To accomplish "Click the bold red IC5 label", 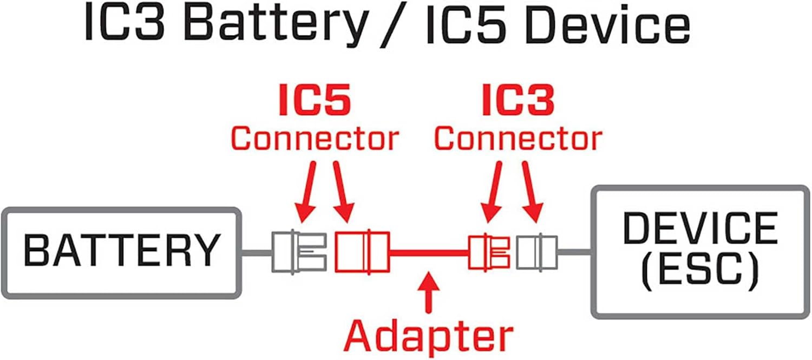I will [315, 101].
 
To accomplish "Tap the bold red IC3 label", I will [518, 101].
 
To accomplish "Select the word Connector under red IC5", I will [315, 138].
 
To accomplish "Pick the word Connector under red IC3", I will [518, 138].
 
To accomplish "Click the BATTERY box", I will [121, 252].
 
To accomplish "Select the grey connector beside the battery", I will [299, 252].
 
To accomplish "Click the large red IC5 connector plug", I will [362, 252].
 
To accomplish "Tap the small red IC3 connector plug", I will [488, 252].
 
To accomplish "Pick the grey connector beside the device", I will [536, 252].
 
